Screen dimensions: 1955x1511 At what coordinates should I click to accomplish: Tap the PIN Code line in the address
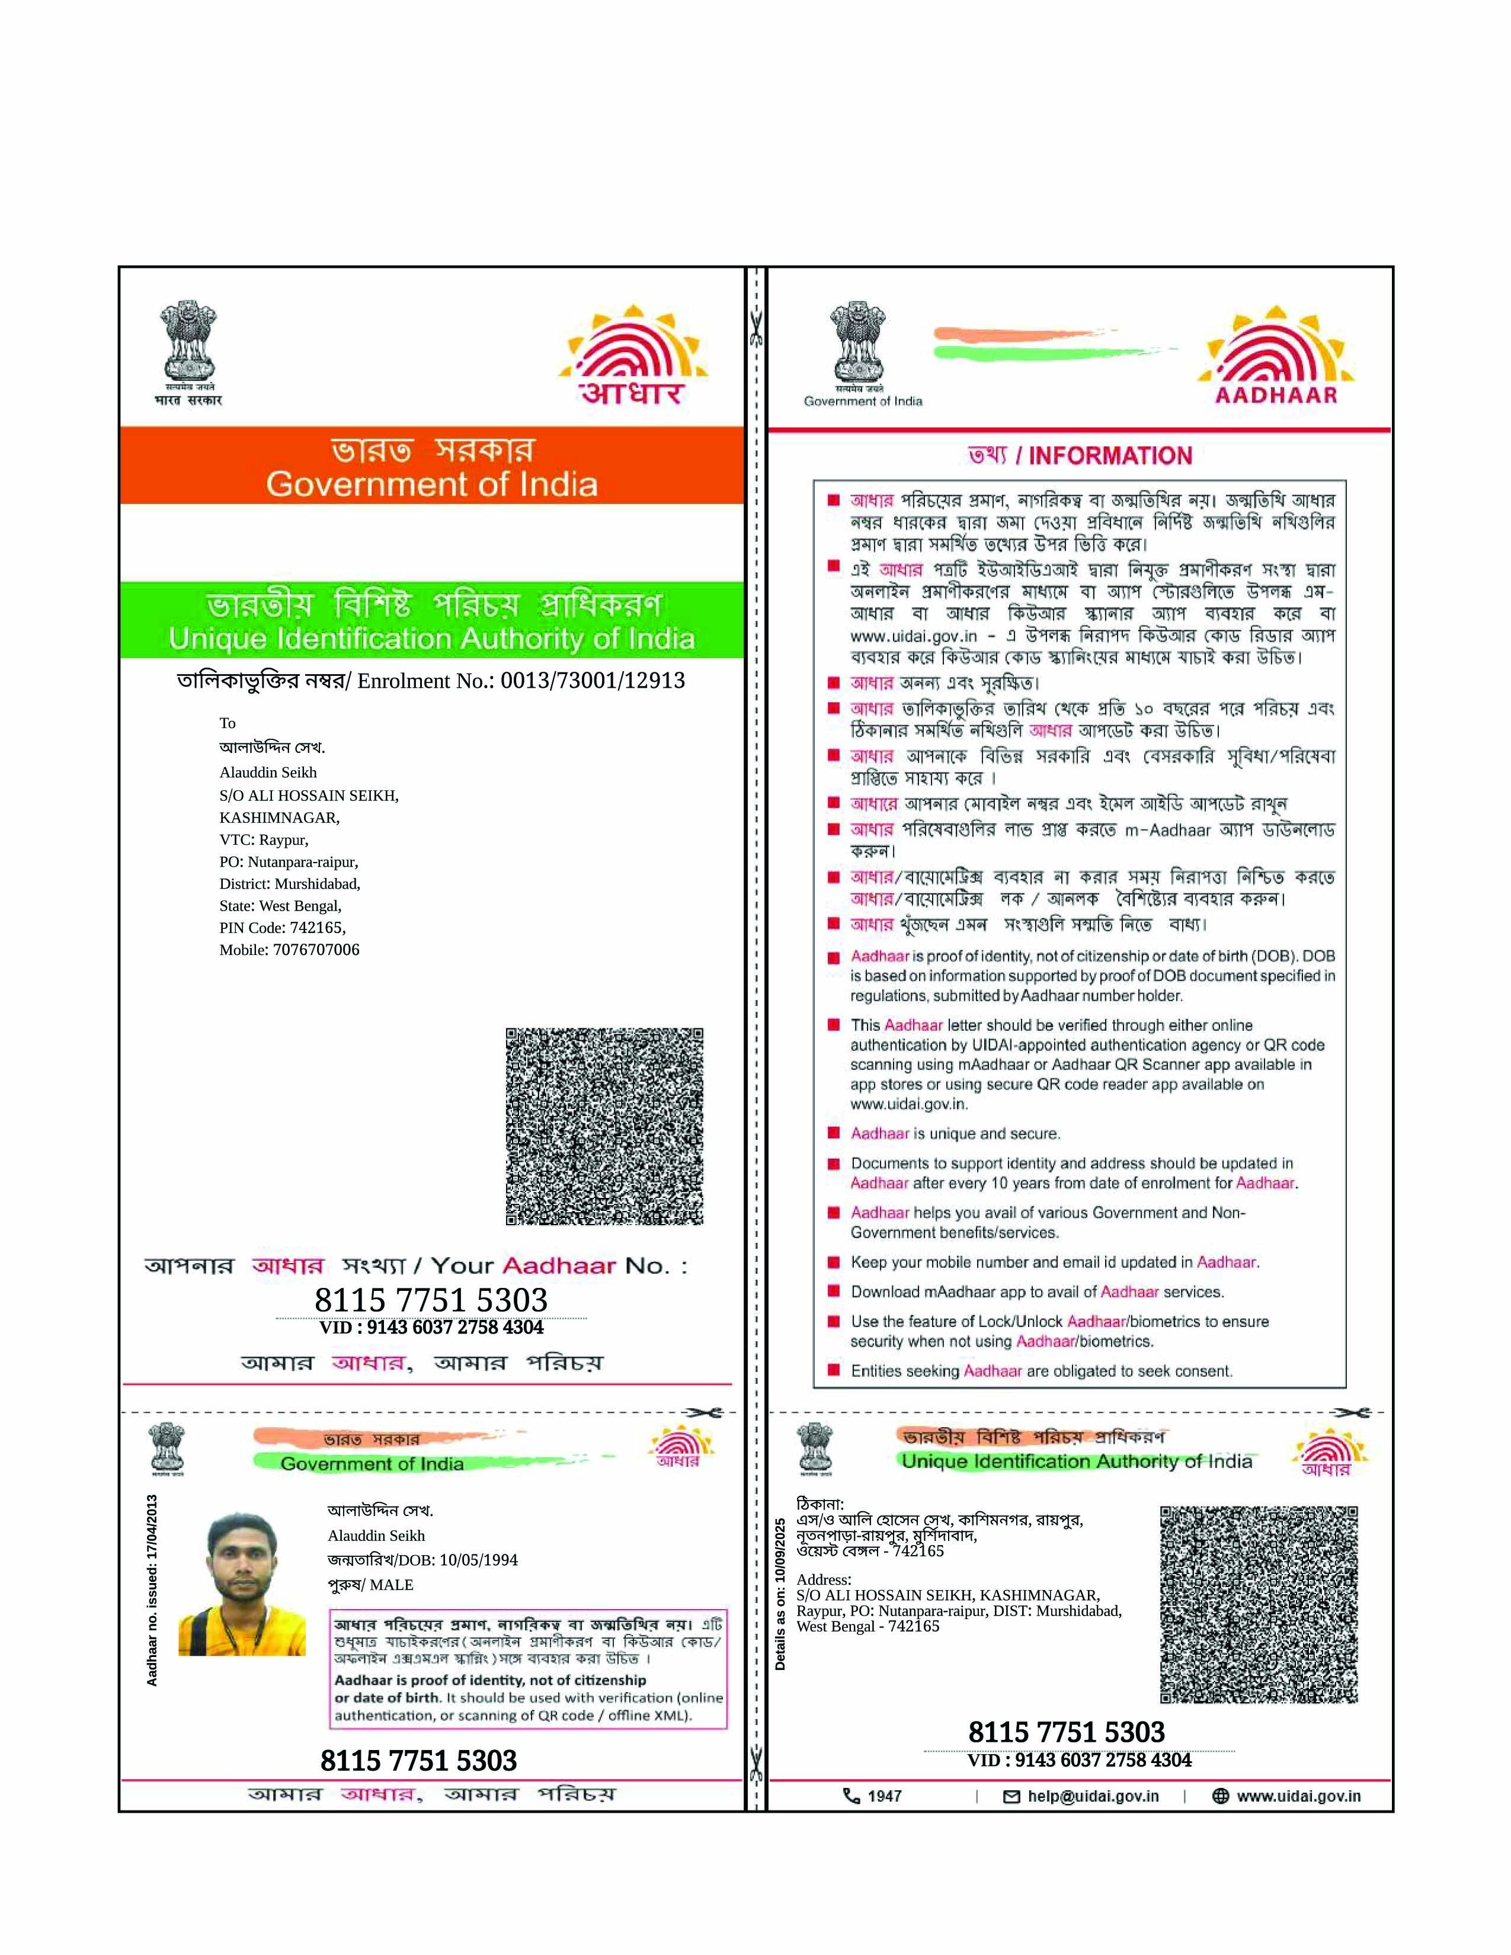[282, 927]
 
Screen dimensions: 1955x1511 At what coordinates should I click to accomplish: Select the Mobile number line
[289, 950]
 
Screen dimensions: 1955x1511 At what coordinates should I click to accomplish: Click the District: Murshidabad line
[289, 883]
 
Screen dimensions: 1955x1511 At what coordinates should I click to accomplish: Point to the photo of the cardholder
[242, 1584]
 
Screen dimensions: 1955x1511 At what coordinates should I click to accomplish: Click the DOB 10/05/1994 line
[422, 1560]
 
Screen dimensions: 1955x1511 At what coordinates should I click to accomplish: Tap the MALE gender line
[370, 1584]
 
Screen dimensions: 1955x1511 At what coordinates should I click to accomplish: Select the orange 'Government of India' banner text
[431, 484]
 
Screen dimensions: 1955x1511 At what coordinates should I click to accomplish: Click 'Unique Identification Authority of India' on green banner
[431, 638]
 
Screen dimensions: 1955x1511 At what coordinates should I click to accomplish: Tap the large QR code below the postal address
[604, 1126]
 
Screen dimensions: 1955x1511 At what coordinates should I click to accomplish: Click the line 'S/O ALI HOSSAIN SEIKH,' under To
[309, 795]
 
